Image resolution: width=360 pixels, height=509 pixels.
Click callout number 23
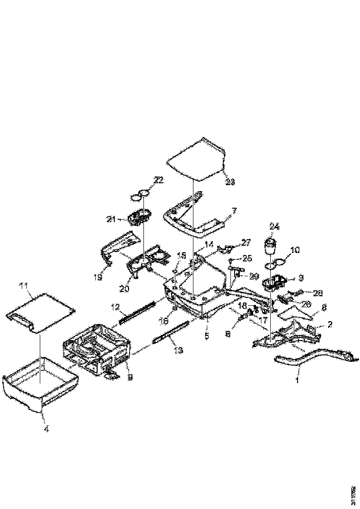pyautogui.click(x=230, y=182)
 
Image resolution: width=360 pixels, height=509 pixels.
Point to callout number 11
pyautogui.click(x=24, y=286)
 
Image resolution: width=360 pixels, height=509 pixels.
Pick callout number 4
pyautogui.click(x=46, y=428)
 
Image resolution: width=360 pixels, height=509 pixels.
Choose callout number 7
pyautogui.click(x=234, y=211)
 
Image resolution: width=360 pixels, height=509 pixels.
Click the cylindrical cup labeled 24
pyautogui.click(x=270, y=245)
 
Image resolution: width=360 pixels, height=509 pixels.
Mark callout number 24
pyautogui.click(x=274, y=227)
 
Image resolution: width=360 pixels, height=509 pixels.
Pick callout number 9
pyautogui.click(x=130, y=377)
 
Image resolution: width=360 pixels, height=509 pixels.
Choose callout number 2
pyautogui.click(x=330, y=324)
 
